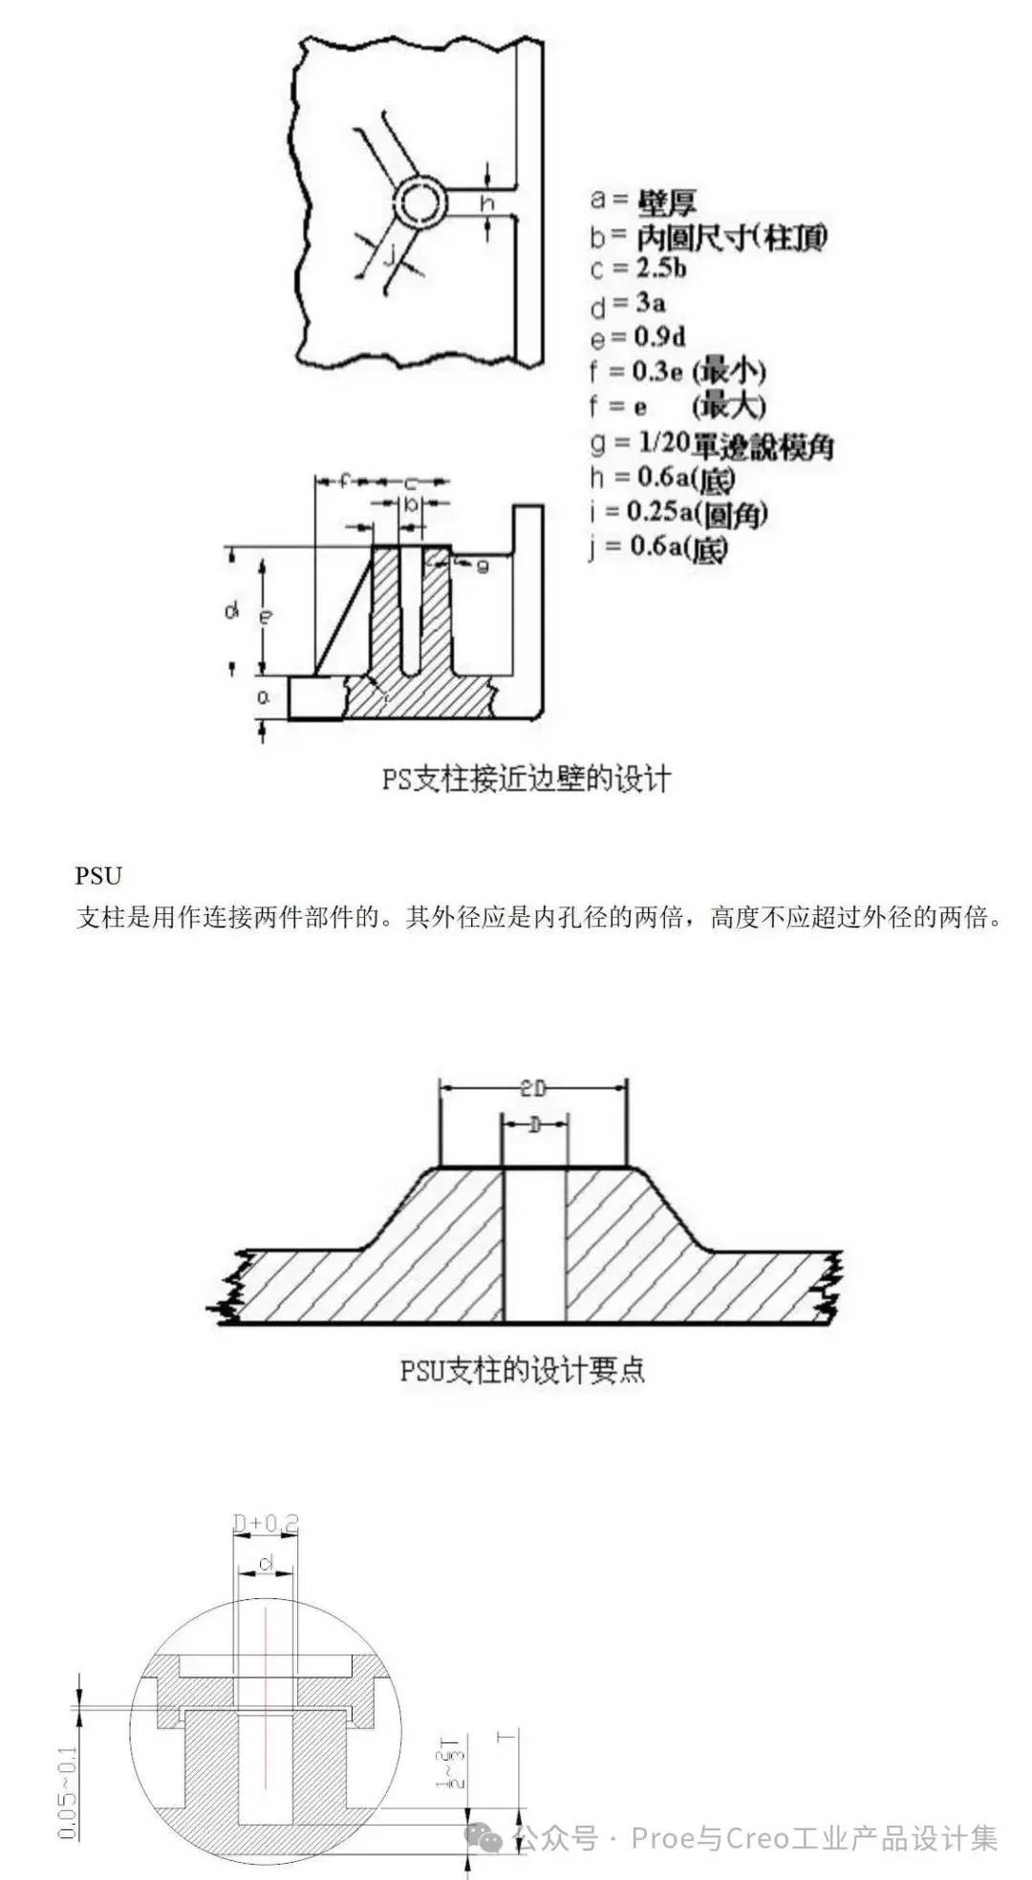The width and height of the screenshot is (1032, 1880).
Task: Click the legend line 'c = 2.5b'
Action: [x=638, y=268]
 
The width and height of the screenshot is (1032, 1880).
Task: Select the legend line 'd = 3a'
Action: [x=628, y=304]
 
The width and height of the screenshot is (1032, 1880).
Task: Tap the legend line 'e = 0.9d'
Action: [x=637, y=337]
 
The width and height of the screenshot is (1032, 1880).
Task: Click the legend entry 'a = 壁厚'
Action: [x=642, y=200]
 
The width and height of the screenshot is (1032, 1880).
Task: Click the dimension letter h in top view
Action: [x=487, y=203]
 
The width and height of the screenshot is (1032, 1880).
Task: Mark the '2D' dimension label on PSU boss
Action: [x=533, y=1088]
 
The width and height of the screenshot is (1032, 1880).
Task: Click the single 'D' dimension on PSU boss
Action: [x=534, y=1125]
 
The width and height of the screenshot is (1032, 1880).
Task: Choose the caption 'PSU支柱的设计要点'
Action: [x=522, y=1371]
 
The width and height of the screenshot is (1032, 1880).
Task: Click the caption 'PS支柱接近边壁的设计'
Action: [x=526, y=779]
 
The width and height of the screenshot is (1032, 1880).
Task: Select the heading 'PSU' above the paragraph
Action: [x=98, y=875]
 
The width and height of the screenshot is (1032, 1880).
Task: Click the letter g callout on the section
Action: [x=482, y=566]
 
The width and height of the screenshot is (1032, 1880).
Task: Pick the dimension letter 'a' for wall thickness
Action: [x=264, y=697]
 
